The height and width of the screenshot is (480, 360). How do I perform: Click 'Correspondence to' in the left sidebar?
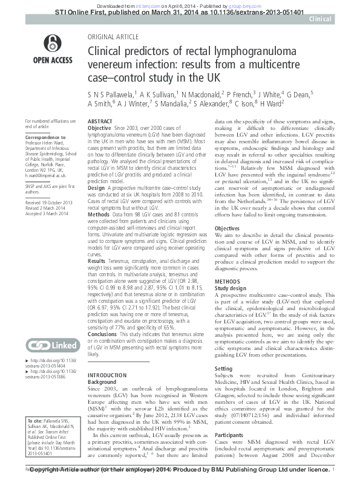45,138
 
